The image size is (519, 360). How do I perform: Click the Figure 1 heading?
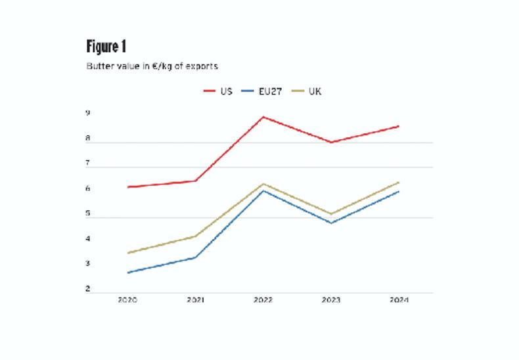point(106,47)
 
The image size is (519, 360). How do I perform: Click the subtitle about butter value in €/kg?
point(152,66)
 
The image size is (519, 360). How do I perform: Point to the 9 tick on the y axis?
point(87,114)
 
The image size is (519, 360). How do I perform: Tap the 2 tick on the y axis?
point(87,290)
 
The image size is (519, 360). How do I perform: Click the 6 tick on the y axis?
point(87,189)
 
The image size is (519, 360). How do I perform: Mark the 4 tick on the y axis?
point(87,239)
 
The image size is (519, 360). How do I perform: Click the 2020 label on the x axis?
point(127,300)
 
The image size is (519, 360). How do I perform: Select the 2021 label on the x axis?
point(195,300)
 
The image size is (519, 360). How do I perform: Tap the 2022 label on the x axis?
point(263,300)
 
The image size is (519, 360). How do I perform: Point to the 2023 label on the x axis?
point(331,300)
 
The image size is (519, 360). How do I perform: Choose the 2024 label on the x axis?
point(399,300)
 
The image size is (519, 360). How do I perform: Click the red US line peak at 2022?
point(263,117)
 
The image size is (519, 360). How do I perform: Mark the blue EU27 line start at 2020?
point(127,273)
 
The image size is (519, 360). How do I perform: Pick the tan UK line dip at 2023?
point(331,214)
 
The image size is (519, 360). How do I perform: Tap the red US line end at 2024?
point(399,126)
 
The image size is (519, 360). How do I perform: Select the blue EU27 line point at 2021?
point(195,258)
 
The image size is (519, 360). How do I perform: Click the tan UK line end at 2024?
point(399,183)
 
